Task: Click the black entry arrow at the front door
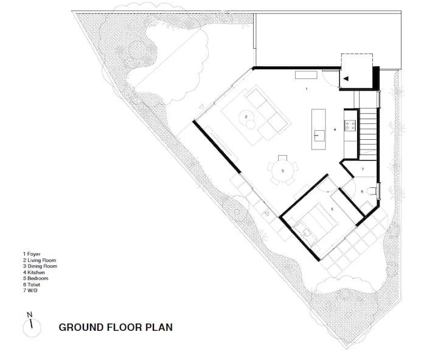point(346,79)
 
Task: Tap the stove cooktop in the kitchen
point(350,125)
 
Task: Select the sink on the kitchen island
point(319,136)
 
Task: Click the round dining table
point(282,171)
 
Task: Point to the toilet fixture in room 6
point(372,192)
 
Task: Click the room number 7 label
point(363,169)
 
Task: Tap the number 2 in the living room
point(246,117)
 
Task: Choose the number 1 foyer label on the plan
point(307,89)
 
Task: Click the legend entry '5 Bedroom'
point(36,279)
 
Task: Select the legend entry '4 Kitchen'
point(34,272)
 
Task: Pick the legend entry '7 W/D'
point(30,291)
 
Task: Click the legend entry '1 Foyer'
point(32,254)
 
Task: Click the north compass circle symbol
point(32,328)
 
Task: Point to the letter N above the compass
point(29,314)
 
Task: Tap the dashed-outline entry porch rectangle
point(356,71)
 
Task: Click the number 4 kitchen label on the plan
point(335,130)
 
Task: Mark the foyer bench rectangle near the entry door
point(306,75)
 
